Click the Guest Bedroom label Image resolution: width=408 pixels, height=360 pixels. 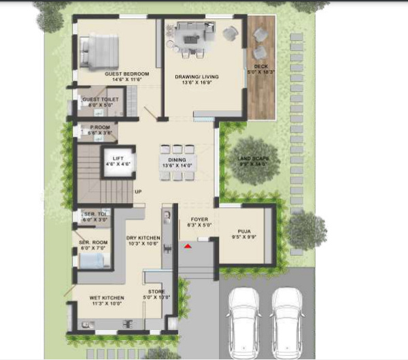(x=122, y=73)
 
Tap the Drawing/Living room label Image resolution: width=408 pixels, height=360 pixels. (x=196, y=77)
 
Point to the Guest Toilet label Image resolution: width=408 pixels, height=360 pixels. (x=100, y=100)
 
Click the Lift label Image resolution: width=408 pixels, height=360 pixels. (x=118, y=159)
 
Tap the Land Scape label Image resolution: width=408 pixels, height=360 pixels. (x=253, y=159)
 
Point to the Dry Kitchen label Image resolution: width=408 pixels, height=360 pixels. (x=143, y=238)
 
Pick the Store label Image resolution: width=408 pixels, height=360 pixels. (x=156, y=293)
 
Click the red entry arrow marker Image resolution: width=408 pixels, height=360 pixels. (x=188, y=247)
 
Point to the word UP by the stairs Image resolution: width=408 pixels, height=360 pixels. (x=138, y=192)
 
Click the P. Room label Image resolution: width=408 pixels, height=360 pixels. (x=100, y=127)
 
